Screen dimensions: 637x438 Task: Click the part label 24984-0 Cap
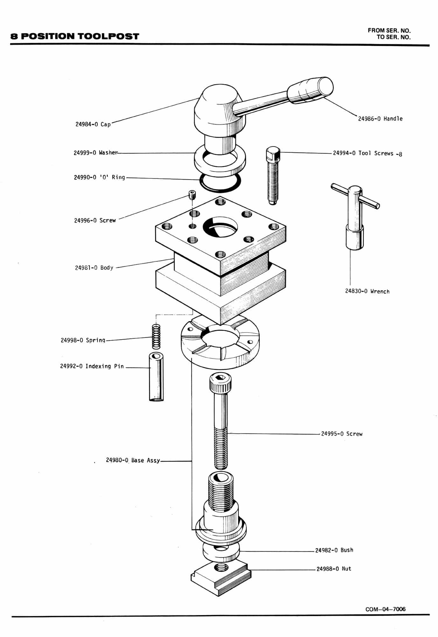[93, 124]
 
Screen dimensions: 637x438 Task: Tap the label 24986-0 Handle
[380, 119]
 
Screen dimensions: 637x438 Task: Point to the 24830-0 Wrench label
[367, 291]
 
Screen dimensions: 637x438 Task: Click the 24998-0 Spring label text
[83, 340]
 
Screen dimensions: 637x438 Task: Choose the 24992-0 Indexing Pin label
[92, 366]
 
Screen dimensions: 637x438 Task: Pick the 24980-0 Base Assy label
[133, 460]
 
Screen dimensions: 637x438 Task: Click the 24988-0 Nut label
[334, 569]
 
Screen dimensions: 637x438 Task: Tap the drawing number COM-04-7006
[386, 609]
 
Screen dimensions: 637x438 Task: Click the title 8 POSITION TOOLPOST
[75, 36]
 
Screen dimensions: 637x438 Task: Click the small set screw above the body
[192, 195]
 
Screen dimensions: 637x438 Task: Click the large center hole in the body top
[220, 227]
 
